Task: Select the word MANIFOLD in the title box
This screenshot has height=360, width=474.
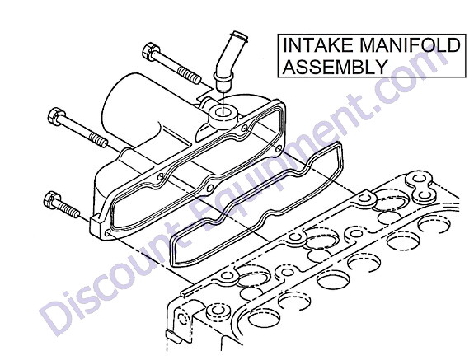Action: point(410,45)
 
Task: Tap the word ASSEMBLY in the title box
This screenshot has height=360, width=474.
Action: point(335,66)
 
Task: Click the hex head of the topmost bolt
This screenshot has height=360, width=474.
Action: point(150,51)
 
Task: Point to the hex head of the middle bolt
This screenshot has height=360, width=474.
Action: point(56,116)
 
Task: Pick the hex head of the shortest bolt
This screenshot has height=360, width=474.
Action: point(52,199)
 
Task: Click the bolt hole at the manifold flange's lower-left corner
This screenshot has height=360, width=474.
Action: point(107,233)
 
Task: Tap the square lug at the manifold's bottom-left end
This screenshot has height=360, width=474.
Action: point(96,227)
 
